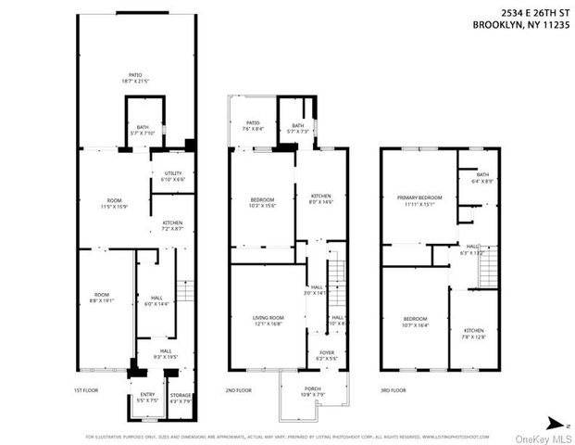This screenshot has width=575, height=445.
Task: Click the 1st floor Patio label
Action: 135,79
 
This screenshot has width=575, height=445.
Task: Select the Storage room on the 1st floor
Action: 181,398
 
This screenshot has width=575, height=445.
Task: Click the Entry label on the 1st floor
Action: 142,398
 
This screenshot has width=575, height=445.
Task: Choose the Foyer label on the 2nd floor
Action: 327,355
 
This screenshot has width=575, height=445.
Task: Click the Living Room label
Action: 269,321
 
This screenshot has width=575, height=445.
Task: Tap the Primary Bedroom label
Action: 419,199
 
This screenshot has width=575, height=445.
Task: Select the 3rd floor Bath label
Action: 482,178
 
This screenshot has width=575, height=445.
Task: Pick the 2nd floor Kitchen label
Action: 321,198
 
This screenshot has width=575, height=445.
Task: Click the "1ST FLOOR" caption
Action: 85,390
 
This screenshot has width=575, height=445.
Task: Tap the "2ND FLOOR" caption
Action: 238,390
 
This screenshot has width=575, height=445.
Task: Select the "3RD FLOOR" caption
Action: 394,390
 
